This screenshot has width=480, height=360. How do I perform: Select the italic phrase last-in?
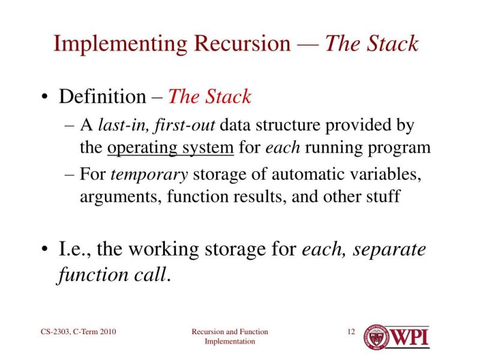[x=124, y=126]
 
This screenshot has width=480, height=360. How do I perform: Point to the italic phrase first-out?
[x=185, y=126]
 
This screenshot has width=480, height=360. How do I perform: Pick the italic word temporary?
[x=150, y=175]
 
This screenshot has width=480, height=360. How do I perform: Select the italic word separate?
[x=389, y=248]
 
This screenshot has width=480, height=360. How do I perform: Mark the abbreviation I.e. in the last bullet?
[x=74, y=248]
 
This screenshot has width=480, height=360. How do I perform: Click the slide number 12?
[x=352, y=332]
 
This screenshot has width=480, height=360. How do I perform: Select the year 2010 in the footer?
[x=107, y=332]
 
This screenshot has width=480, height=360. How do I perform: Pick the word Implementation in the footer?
[x=230, y=341]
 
